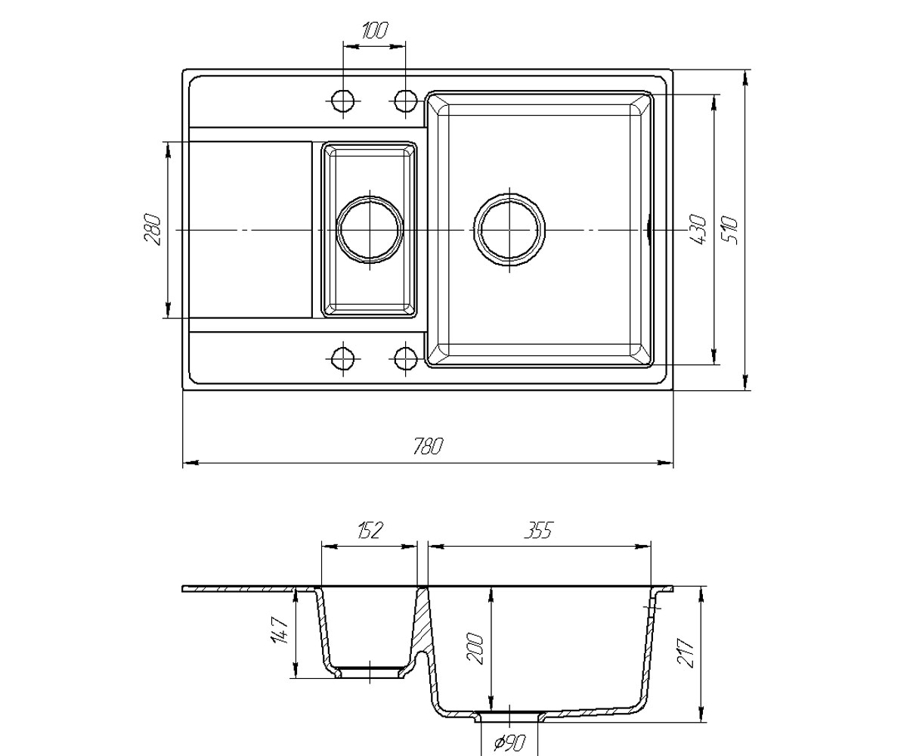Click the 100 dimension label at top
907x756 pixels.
pos(374,31)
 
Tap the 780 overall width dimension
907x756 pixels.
pos(429,446)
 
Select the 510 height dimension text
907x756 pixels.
pos(731,231)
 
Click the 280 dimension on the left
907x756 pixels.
pos(153,229)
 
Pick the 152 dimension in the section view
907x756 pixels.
pos(370,531)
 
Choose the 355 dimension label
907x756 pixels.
pos(539,530)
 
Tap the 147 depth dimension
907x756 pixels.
pos(280,631)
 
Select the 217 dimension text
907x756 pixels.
pos(687,653)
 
